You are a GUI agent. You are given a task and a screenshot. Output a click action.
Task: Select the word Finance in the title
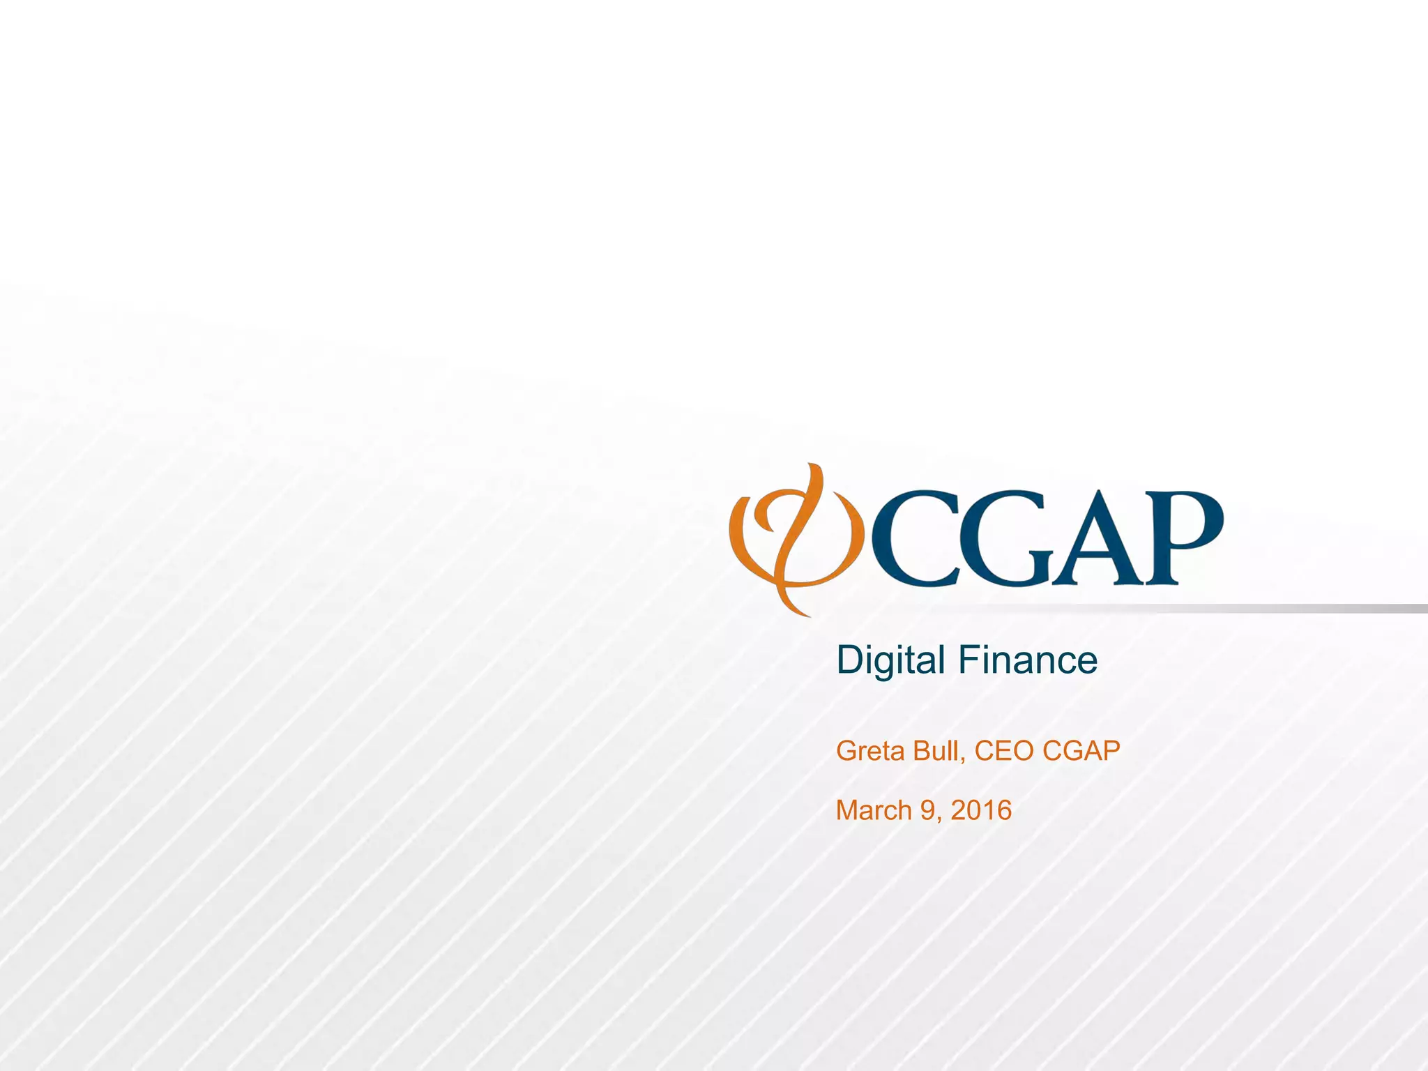click(x=1028, y=660)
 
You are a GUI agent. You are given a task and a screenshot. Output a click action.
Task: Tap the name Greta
click(x=865, y=751)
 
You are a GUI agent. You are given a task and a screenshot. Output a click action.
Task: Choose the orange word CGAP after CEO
click(x=1081, y=751)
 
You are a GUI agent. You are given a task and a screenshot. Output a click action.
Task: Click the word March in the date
click(x=874, y=810)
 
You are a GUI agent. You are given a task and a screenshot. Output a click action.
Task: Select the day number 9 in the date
click(x=928, y=810)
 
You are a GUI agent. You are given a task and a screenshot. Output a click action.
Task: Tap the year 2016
click(x=981, y=810)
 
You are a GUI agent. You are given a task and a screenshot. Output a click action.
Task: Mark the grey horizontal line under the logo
click(x=1255, y=609)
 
